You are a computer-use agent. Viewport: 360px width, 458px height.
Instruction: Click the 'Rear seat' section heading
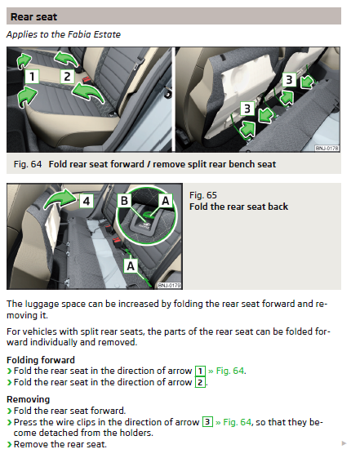click(x=33, y=17)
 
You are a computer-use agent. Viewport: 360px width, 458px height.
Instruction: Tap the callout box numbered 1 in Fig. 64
click(x=32, y=77)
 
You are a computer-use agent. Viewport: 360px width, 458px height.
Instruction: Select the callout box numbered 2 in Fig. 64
click(x=67, y=77)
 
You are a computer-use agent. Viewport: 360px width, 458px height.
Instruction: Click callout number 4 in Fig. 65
click(x=87, y=201)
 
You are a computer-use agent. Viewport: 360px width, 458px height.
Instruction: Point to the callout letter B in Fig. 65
click(x=124, y=201)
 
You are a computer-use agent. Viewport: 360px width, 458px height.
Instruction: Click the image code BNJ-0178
click(x=327, y=148)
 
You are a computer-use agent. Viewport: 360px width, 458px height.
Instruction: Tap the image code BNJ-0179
click(x=169, y=285)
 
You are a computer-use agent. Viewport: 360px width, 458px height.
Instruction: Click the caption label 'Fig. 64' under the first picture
click(x=28, y=164)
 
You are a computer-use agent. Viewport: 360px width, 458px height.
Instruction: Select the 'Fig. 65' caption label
click(x=203, y=195)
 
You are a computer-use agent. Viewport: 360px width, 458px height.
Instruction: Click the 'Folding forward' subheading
click(x=41, y=360)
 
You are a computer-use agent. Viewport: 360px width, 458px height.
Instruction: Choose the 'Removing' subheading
click(x=29, y=399)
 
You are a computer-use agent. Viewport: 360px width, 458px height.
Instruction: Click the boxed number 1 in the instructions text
click(x=200, y=371)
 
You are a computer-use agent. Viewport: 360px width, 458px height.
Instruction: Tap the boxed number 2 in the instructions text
click(x=200, y=382)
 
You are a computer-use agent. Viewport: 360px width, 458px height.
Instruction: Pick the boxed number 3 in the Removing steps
click(x=207, y=422)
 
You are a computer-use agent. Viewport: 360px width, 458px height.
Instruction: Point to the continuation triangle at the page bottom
click(x=344, y=443)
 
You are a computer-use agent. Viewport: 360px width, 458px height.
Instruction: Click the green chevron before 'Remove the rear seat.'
click(x=10, y=445)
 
